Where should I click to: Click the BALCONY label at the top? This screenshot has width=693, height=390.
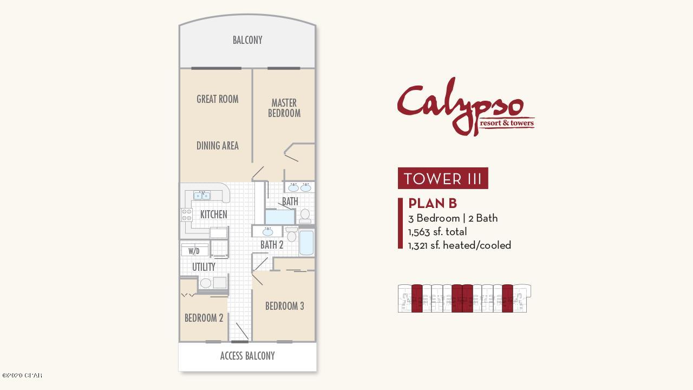coord(247,40)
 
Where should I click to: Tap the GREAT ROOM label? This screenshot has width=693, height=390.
coord(218,99)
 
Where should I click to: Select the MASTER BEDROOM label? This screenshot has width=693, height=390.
coord(284,108)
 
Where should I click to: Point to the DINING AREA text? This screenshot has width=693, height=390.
coord(218,146)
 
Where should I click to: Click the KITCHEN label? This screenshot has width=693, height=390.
coord(213,214)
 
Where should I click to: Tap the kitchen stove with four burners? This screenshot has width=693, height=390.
coord(187,214)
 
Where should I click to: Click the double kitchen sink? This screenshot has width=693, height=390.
coord(202,196)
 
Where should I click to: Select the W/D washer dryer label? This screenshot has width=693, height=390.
coord(194,251)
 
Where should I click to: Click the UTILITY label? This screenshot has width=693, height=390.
coord(204,267)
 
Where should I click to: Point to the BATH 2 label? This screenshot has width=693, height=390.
coord(272,245)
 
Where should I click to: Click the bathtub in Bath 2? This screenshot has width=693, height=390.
coord(306,242)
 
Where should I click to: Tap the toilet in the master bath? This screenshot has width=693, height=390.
coord(305,216)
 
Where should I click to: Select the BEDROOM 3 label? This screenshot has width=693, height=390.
coord(285,306)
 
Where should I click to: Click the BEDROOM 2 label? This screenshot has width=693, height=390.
coord(204,318)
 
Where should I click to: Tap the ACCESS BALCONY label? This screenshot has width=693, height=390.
coord(247,356)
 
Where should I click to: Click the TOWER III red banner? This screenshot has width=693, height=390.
coord(443,178)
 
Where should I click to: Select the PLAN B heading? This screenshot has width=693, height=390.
coord(433,203)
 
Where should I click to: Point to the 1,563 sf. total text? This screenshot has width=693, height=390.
coord(437,232)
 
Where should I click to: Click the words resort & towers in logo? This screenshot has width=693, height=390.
coord(507,123)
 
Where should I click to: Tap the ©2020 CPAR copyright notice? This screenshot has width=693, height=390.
coord(22,375)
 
